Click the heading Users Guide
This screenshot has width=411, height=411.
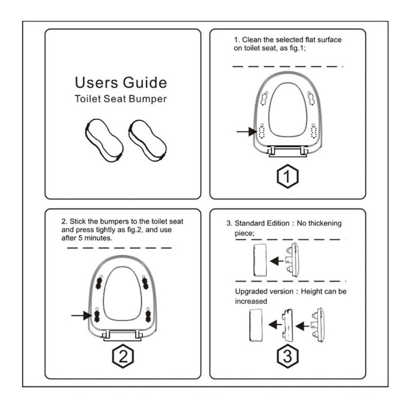tap(121, 83)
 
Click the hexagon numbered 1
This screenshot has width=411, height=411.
tap(287, 177)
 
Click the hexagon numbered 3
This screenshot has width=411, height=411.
tap(287, 356)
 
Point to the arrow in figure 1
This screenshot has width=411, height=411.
tap(247, 132)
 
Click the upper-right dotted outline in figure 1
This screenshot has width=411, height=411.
tap(311, 98)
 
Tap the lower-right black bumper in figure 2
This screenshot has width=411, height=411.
tap(147, 314)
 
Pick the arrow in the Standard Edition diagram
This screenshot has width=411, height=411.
tap(277, 261)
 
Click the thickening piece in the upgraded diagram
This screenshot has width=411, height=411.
tap(287, 325)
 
